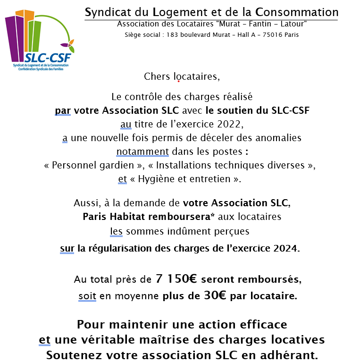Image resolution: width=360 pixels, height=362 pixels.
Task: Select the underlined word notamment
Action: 142,152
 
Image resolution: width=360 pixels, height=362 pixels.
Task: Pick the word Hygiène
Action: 158,179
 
